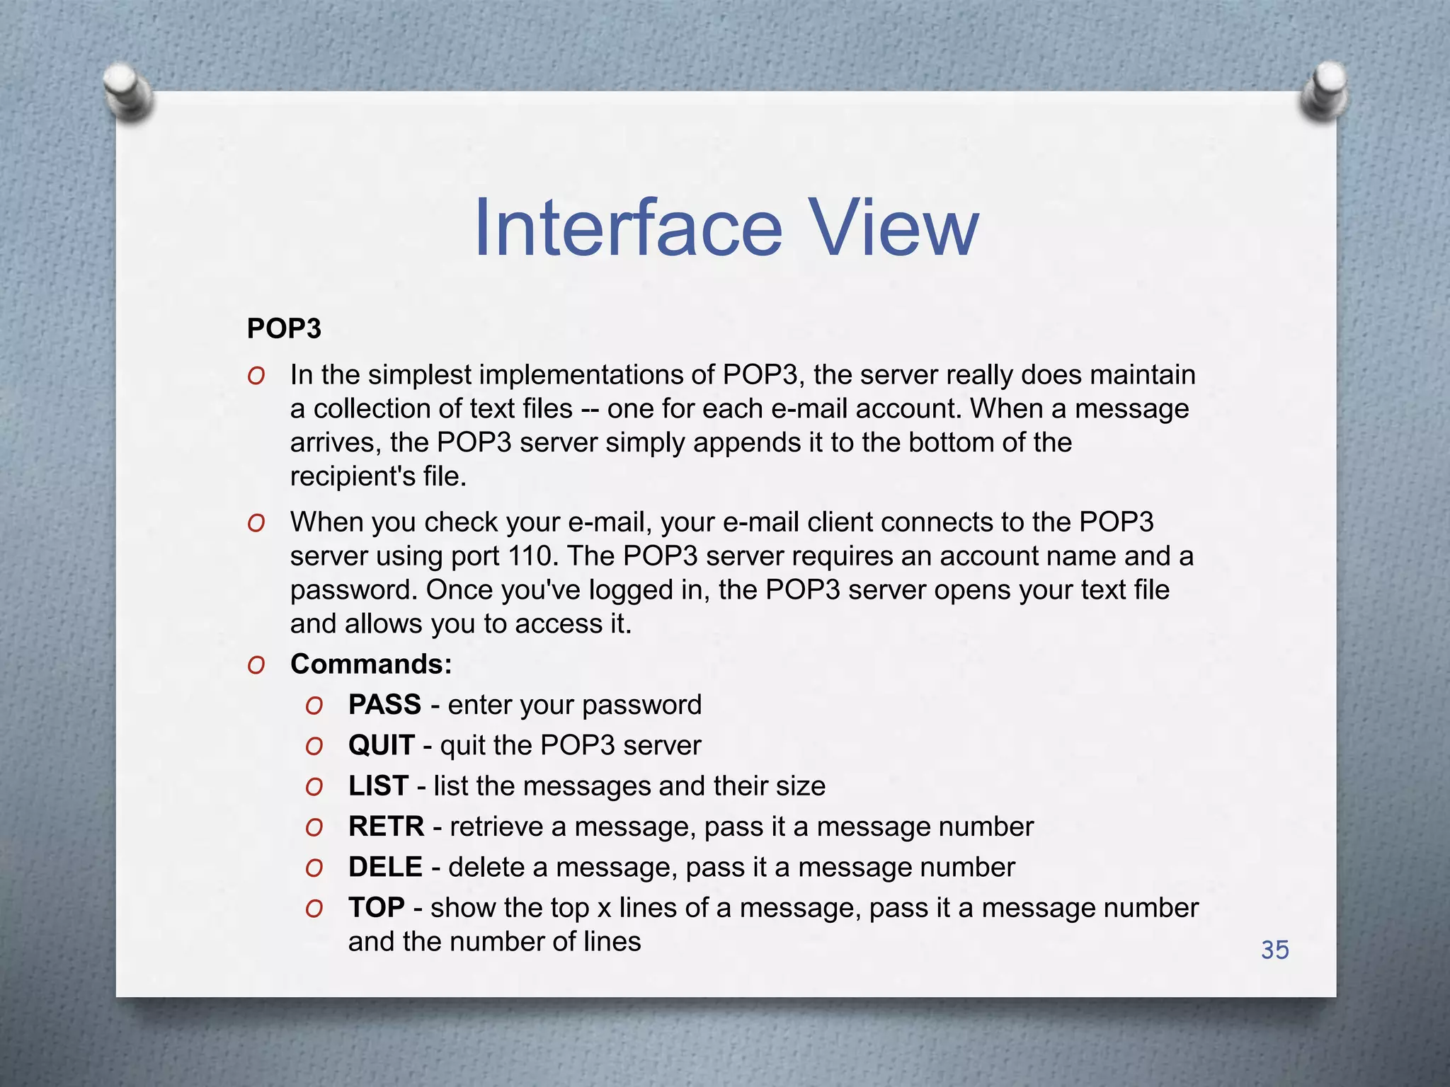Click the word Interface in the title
[x=627, y=228]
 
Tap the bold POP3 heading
[x=284, y=329]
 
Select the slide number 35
[x=1274, y=950]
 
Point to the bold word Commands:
[x=371, y=665]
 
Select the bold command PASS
[x=384, y=705]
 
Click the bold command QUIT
[x=381, y=745]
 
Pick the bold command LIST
[x=378, y=786]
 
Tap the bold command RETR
[x=386, y=827]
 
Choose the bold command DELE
[x=385, y=867]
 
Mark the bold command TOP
[x=376, y=908]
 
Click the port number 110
[x=530, y=556]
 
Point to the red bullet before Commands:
[x=256, y=665]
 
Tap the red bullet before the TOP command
[x=314, y=909]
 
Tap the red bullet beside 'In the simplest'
[x=256, y=376]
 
